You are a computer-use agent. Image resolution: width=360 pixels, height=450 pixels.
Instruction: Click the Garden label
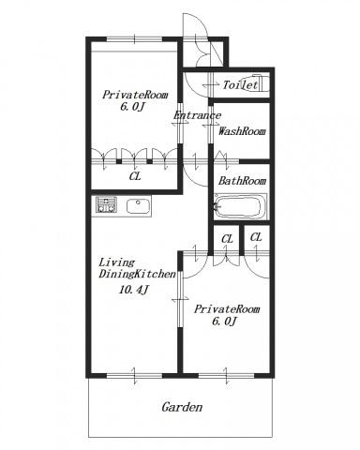coord(182,407)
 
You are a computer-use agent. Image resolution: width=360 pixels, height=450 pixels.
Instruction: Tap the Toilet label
coord(240,84)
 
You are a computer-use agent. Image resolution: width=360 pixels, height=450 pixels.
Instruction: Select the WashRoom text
coord(242,131)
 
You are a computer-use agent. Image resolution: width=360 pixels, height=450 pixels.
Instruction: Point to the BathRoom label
coord(242,181)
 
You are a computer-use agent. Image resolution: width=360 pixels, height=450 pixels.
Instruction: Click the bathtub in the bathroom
coord(241,206)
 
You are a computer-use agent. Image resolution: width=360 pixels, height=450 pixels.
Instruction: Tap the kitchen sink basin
coord(139,206)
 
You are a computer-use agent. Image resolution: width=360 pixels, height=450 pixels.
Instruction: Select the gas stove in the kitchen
coord(106,204)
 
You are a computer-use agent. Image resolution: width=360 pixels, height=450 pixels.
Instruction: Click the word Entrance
coord(197,115)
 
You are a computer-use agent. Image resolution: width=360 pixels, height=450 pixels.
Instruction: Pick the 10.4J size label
coord(133,290)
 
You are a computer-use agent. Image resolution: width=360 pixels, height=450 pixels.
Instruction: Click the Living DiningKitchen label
coord(138,268)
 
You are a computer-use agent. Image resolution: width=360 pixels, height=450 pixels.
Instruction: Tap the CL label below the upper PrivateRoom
coord(135,176)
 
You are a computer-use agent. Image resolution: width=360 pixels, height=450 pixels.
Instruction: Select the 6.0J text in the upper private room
coord(132,107)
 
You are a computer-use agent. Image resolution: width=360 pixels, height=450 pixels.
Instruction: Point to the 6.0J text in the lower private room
coord(224,322)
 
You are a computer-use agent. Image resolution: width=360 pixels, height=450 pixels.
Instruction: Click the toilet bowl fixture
coord(260,82)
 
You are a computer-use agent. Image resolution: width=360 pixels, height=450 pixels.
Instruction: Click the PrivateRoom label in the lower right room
coord(227,309)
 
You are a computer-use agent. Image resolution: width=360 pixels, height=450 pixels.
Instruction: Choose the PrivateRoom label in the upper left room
coord(135,95)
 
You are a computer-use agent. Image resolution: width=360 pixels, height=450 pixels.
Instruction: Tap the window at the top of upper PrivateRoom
coord(135,39)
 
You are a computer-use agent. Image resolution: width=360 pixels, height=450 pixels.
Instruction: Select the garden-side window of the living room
coord(135,376)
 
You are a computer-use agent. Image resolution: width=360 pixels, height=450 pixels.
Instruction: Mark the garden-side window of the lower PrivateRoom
coord(227,376)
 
